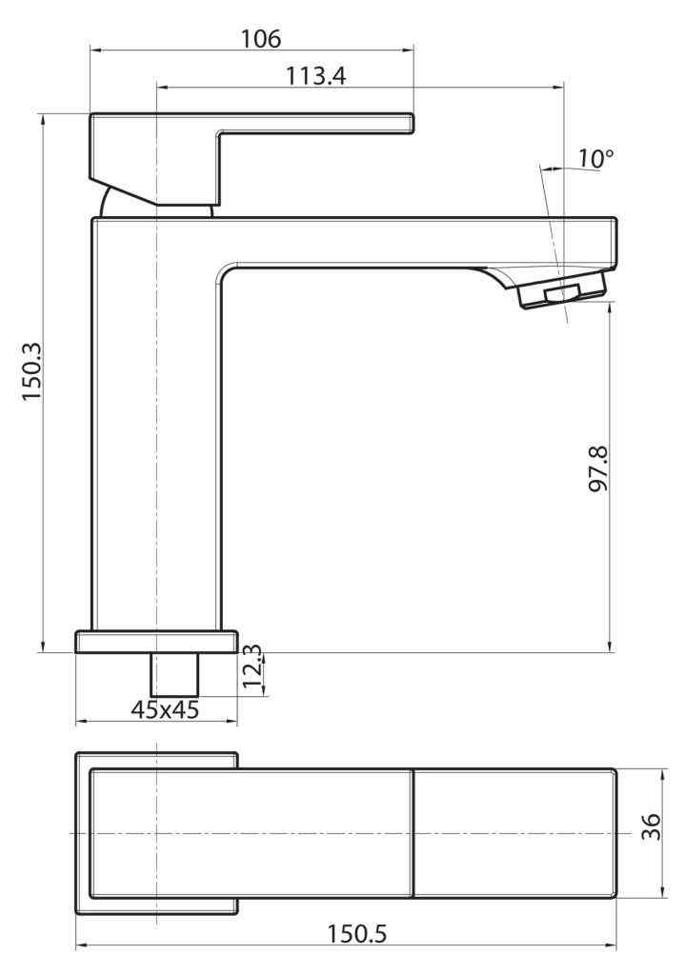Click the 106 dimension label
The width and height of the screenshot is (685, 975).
click(261, 38)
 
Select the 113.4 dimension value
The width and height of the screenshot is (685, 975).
click(315, 76)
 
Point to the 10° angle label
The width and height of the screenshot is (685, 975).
click(595, 158)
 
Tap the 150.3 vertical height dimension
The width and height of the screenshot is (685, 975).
click(32, 371)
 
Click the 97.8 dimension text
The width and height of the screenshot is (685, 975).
click(599, 468)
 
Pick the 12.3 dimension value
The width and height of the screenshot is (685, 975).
click(252, 667)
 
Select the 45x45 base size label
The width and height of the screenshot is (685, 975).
click(165, 708)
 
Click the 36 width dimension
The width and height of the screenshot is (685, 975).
click(652, 826)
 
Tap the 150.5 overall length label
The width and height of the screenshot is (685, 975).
click(357, 933)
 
